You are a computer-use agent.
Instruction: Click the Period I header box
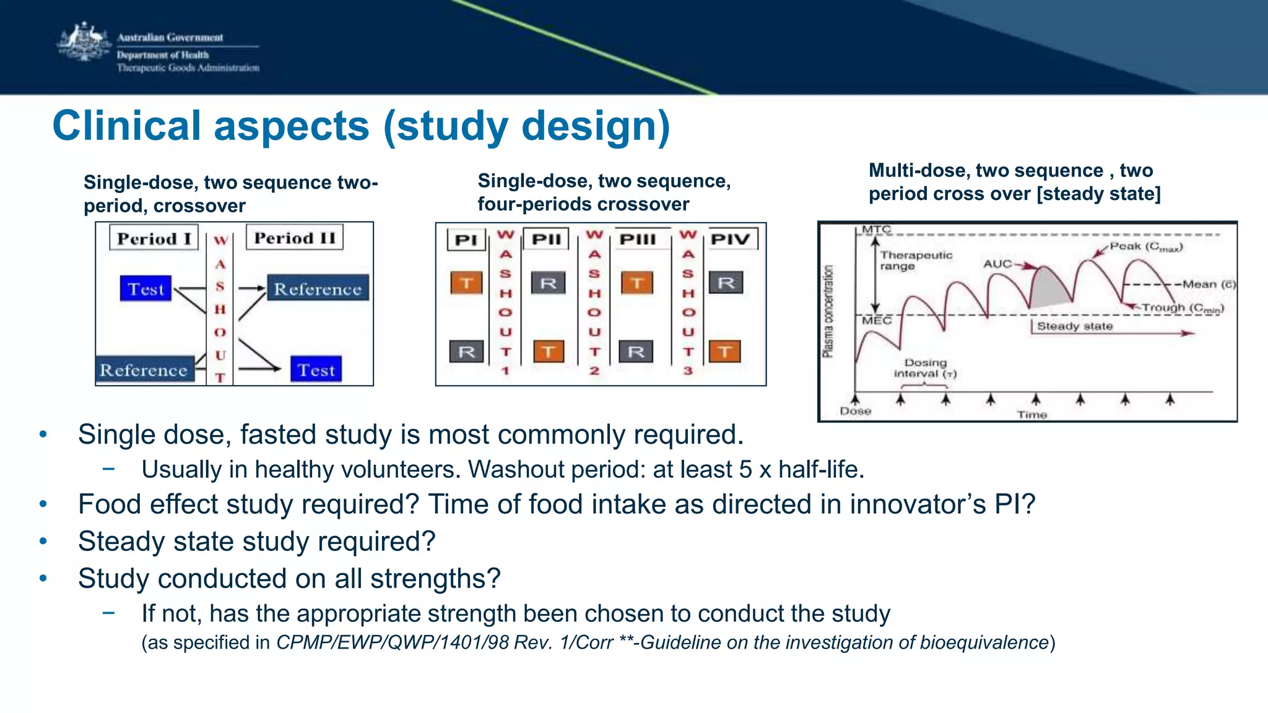[154, 238]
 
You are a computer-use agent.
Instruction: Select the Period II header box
[295, 238]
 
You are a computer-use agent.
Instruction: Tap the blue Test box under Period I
[145, 289]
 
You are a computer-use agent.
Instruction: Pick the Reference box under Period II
[318, 288]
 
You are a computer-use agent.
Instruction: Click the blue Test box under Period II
[316, 370]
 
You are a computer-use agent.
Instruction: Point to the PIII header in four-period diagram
[638, 240]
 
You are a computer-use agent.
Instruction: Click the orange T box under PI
[466, 283]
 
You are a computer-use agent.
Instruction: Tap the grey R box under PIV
[726, 283]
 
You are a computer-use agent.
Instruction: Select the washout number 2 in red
[594, 371]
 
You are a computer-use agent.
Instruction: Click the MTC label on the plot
[876, 230]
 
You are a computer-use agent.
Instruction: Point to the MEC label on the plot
[877, 321]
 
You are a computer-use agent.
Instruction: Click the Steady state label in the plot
[1075, 326]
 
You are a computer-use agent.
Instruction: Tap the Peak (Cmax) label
[1146, 247]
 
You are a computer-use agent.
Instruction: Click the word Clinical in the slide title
[127, 126]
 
